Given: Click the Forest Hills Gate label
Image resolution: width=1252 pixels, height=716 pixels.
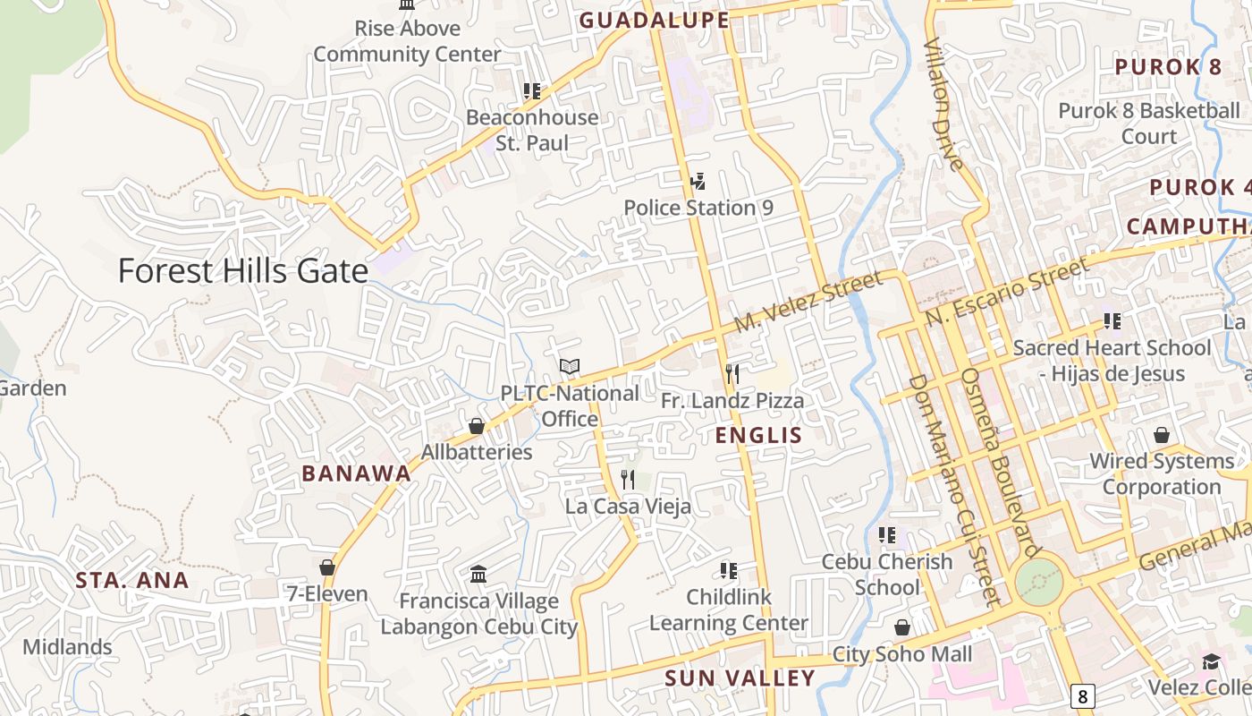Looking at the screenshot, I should tap(242, 270).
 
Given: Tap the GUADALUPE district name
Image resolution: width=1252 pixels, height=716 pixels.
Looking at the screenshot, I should tap(654, 20).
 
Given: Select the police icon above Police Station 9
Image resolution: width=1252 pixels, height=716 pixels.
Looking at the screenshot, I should tap(698, 183).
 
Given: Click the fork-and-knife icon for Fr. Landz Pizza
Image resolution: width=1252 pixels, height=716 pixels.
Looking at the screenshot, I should tap(732, 373).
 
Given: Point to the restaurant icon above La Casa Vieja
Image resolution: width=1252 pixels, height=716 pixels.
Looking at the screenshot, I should tap(628, 480).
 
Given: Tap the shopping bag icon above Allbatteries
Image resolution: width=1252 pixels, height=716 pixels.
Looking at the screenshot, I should tap(477, 426).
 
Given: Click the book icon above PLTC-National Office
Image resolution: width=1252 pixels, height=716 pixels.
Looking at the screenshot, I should tap(570, 366).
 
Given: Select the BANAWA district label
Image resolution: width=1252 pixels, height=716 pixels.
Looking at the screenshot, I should tap(356, 473).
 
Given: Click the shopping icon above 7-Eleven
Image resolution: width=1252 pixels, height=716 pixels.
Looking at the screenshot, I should tap(327, 567).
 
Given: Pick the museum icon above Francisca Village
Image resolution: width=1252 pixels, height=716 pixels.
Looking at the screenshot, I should tap(478, 574).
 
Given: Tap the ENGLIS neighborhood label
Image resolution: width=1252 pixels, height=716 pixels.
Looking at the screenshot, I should tap(759, 436).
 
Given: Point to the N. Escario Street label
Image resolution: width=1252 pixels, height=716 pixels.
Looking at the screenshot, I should tap(1008, 291).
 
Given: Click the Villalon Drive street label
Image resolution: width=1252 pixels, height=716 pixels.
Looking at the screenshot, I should tap(943, 103).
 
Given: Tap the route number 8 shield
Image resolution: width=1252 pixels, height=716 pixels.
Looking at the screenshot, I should tap(1082, 695).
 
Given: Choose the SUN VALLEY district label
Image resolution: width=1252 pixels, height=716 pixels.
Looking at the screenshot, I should tap(740, 678).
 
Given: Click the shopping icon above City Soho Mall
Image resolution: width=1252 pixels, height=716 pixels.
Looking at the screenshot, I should tap(902, 627).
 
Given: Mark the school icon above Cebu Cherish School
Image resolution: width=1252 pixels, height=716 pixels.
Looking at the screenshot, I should tap(887, 535).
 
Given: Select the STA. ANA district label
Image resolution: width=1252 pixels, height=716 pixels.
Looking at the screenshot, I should tap(132, 580).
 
